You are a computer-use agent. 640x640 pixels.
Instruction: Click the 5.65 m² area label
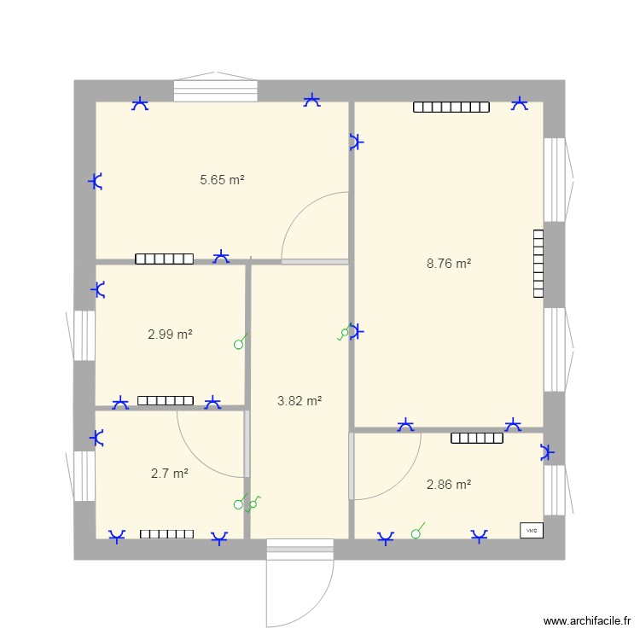(222, 180)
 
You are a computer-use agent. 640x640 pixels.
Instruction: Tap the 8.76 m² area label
(449, 265)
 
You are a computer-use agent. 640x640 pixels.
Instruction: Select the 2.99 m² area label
(170, 335)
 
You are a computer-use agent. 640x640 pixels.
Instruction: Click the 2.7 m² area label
(169, 473)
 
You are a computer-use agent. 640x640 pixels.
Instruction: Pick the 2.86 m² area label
(449, 485)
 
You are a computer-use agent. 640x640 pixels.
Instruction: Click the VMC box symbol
(531, 530)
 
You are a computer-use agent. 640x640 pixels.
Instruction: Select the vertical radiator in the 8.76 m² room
(538, 263)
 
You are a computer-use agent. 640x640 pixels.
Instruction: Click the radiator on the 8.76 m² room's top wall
(451, 108)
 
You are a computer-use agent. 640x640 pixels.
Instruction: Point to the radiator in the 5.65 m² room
(164, 259)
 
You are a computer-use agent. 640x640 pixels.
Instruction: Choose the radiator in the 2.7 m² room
(167, 534)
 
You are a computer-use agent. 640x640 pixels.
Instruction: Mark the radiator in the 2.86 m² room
(477, 439)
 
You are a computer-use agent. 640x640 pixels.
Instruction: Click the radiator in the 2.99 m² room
(166, 400)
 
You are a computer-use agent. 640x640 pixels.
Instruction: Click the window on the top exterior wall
(216, 90)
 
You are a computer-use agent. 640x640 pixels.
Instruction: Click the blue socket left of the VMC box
(480, 535)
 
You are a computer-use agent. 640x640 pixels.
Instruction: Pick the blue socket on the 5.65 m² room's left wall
(97, 181)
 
